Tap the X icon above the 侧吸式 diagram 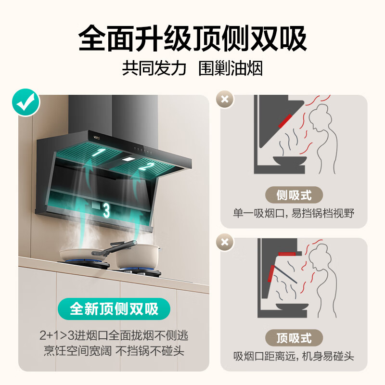click(224, 100)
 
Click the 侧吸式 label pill click(294, 195)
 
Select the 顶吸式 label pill click(294, 338)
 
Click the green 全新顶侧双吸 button click(114, 309)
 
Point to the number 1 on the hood click(101, 153)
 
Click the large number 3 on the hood click(106, 210)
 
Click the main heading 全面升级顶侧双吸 click(192, 38)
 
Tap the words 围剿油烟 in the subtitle click(231, 68)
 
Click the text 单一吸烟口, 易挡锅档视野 click(294, 213)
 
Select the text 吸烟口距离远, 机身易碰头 click(294, 356)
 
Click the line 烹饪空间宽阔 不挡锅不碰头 click(114, 350)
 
